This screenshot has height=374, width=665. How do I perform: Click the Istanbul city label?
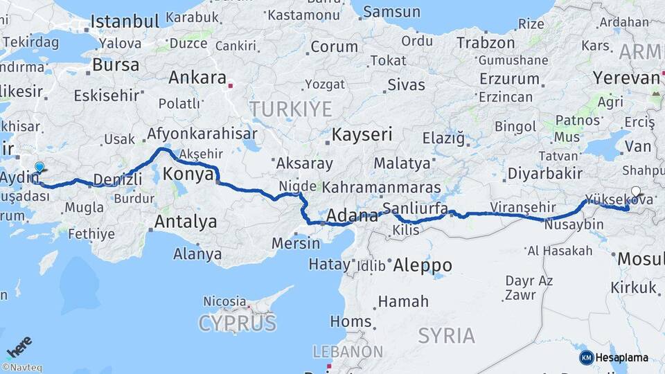[x=125, y=21]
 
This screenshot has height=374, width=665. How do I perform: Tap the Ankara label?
[x=197, y=78]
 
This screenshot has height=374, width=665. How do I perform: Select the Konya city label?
[x=188, y=174]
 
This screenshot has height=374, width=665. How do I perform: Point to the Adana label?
[x=352, y=215]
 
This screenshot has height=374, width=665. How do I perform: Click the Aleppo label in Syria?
[x=423, y=265]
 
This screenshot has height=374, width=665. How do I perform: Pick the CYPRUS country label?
[x=237, y=323]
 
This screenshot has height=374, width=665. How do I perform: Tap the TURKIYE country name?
[x=291, y=109]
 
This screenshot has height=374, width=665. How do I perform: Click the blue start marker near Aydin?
[x=39, y=167]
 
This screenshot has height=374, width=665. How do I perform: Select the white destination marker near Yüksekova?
[x=637, y=193]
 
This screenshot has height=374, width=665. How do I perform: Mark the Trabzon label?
[x=486, y=42]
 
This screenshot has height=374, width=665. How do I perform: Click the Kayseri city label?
[x=362, y=134]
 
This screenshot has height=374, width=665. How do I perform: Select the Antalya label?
[x=185, y=222]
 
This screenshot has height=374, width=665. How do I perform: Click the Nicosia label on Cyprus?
[x=224, y=301]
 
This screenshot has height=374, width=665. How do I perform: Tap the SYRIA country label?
[x=447, y=336]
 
